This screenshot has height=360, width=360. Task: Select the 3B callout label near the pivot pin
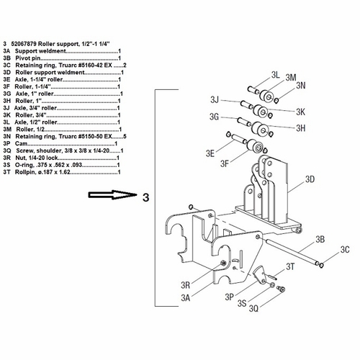[x=321, y=238]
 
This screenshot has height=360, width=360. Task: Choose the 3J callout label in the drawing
[x=214, y=99]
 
